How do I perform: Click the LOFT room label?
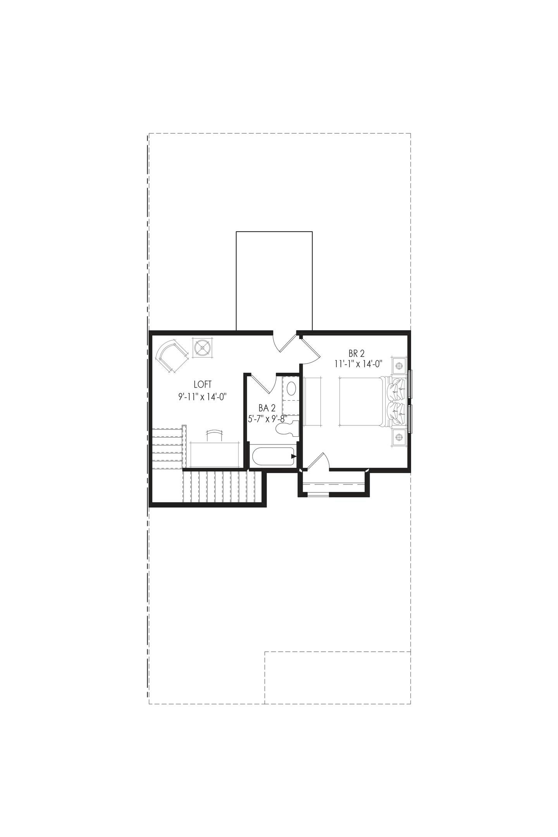point(203,384)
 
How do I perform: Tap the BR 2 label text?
point(356,353)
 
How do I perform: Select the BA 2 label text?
point(267,408)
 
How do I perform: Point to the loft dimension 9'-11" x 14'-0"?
point(202,397)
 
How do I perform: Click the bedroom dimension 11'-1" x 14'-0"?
point(359,364)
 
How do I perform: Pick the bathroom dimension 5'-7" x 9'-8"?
point(267,418)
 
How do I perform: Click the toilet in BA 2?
point(286,428)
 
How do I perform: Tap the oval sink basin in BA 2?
point(292,388)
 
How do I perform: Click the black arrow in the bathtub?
point(294,456)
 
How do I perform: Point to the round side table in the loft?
point(202,348)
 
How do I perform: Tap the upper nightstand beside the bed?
point(398,364)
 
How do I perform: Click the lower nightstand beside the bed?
point(398,437)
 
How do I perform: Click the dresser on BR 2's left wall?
point(312,401)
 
